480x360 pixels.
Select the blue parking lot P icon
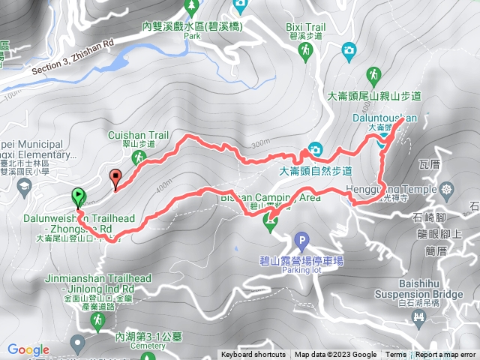[x=301, y=241]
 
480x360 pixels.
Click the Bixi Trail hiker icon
[x=306, y=50]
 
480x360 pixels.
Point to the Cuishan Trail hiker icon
[x=138, y=157]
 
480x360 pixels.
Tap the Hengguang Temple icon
[x=448, y=187]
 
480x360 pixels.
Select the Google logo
[x=28, y=349]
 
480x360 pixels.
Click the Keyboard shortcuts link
[x=253, y=355]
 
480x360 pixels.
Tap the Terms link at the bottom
[x=395, y=355]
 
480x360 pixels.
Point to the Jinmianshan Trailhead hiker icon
[x=97, y=320]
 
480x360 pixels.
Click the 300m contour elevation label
[x=259, y=143]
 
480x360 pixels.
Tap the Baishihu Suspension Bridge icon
[x=420, y=320]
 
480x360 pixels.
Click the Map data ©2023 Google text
[x=335, y=355]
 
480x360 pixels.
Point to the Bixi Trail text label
[x=306, y=25]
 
